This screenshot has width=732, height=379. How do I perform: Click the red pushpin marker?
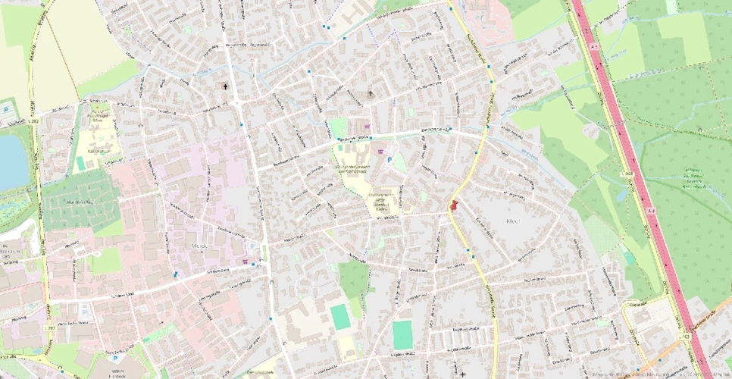(x=454, y=205)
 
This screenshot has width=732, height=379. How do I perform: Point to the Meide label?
(x=200, y=246)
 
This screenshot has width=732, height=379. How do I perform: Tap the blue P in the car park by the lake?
(x=7, y=109)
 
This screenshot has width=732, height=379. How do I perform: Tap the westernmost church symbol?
(x=225, y=87)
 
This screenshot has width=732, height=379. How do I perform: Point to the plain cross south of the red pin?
(x=462, y=374)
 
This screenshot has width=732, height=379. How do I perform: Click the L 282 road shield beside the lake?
(x=32, y=121)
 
